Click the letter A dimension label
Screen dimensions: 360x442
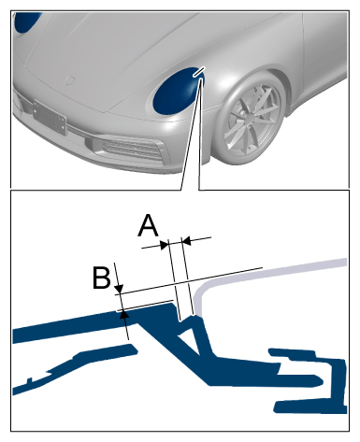[148, 225]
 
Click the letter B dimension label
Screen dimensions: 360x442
[102, 277]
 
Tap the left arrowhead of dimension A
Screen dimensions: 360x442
[164, 245]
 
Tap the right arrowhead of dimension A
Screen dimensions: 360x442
[186, 240]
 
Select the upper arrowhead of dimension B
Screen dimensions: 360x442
[120, 289]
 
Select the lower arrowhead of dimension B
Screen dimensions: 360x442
[124, 314]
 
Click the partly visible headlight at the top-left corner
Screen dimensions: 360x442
[27, 21]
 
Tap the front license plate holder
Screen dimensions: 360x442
[50, 117]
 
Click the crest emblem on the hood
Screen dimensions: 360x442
[69, 79]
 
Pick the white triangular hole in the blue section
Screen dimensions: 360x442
[189, 338]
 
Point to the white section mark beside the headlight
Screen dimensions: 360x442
[199, 71]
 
